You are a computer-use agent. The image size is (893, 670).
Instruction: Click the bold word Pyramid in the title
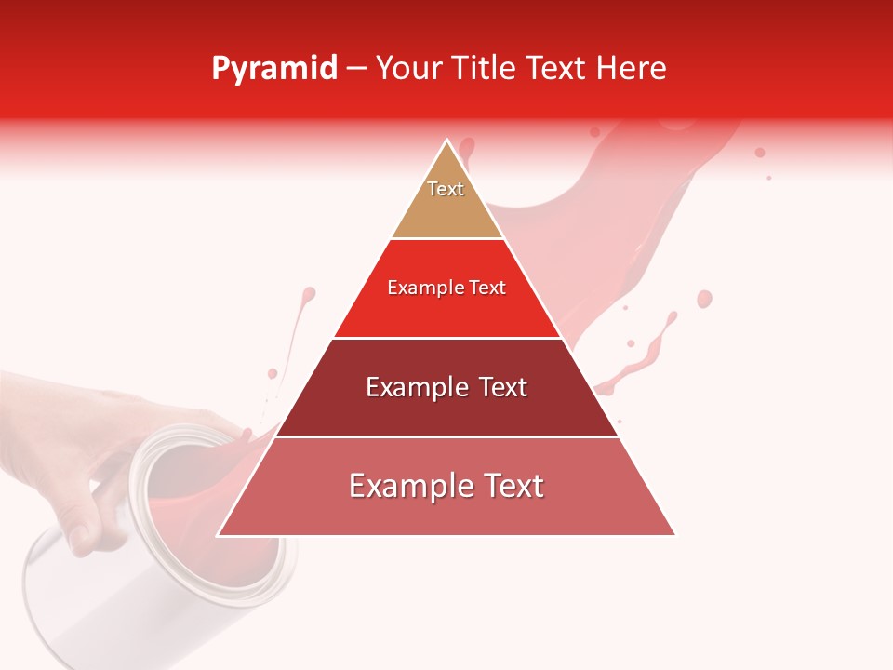[x=274, y=69]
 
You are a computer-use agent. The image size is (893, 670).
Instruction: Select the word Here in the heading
[x=630, y=69]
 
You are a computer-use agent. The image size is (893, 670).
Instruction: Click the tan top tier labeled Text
[x=446, y=200]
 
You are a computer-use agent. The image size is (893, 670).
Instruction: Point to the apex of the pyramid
[x=447, y=141]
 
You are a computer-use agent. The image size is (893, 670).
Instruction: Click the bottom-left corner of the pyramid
[x=219, y=535]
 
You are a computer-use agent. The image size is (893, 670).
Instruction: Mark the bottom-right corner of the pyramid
[x=674, y=535]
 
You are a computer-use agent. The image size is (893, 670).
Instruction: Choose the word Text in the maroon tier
[x=499, y=387]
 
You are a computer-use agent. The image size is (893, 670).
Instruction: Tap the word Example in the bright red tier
[x=420, y=288]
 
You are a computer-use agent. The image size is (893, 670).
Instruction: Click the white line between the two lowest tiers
[x=446, y=436]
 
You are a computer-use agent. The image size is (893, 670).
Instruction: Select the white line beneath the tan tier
[x=446, y=239]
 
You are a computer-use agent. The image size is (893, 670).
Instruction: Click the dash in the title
[x=356, y=69]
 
